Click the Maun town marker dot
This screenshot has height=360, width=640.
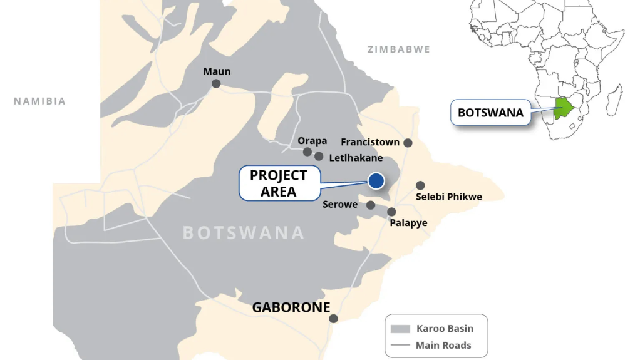216,83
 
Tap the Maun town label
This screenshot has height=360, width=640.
217,71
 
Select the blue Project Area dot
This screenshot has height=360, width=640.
376,180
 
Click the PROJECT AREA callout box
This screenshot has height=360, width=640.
279,183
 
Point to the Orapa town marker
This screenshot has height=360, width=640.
307,152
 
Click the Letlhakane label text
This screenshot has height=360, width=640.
356,158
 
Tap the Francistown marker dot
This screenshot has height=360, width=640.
408,143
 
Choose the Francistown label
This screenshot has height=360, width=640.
370,142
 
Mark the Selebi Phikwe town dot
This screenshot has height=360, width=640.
420,185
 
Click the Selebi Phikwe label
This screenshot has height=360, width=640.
449,197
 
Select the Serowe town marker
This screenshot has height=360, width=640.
371,205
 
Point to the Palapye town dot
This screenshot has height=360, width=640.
391,212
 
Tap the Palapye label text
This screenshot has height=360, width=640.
408,223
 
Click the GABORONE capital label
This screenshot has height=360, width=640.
291,307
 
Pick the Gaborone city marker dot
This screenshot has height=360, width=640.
333,319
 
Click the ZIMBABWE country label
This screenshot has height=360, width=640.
399,49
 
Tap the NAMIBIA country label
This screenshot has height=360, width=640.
40,101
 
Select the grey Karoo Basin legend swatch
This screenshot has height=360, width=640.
400,329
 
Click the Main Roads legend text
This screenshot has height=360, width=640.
443,345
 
